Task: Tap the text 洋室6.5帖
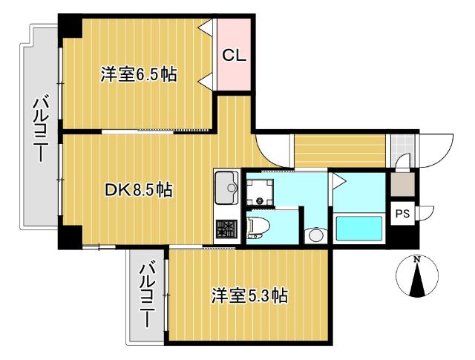pyautogui.click(x=139, y=74)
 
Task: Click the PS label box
pyautogui.click(x=402, y=214)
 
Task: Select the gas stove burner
pyautogui.click(x=226, y=230)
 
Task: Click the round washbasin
pyautogui.click(x=315, y=235)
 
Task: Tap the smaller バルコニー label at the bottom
pyautogui.click(x=148, y=295)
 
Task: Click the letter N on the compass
pyautogui.click(x=417, y=259)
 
